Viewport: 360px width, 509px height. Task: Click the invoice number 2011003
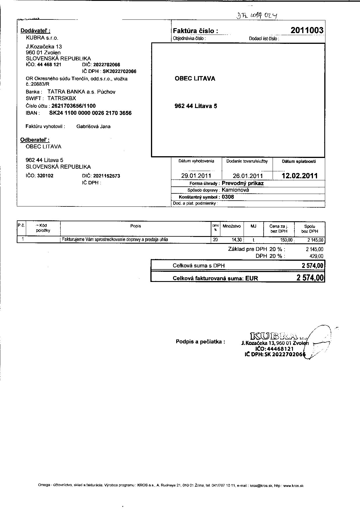click(x=307, y=30)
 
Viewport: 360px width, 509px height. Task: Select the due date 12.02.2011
click(x=300, y=176)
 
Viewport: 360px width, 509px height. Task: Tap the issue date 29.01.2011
click(x=196, y=176)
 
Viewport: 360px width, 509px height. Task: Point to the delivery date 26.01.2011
click(x=248, y=176)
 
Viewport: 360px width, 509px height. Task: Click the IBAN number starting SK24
click(x=90, y=113)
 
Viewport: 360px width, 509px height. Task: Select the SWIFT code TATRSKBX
click(x=62, y=98)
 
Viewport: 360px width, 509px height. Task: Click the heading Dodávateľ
click(x=35, y=31)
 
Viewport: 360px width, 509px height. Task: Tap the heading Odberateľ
click(x=35, y=140)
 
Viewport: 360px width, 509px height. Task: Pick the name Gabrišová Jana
click(x=93, y=127)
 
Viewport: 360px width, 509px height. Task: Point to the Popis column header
click(x=136, y=226)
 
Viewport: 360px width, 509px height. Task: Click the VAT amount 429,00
click(x=316, y=256)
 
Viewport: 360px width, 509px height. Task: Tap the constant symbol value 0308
click(x=228, y=197)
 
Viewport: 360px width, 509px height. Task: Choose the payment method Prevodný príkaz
click(x=242, y=183)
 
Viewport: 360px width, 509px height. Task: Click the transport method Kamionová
click(x=235, y=190)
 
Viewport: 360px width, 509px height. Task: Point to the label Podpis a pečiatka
click(x=200, y=341)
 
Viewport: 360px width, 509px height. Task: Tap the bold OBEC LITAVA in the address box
click(x=195, y=79)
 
